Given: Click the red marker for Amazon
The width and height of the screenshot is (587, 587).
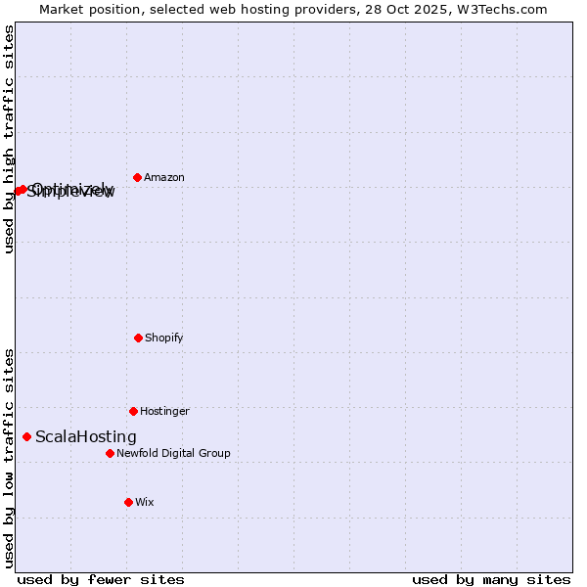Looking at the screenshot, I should coord(137,177).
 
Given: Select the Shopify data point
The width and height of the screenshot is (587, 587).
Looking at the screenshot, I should coord(138,338).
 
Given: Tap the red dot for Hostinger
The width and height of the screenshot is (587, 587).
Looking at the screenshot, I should coord(133,411).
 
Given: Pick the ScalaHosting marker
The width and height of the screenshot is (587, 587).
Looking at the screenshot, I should coord(26,436).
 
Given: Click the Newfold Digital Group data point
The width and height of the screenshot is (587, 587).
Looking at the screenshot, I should coord(110,453).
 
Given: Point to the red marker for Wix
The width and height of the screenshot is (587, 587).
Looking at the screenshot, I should coord(128,502).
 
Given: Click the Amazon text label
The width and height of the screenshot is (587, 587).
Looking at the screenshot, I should coord(163,178).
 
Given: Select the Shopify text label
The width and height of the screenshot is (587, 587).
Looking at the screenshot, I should coord(163,339).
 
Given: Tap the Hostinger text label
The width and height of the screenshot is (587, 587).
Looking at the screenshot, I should coord(164,412).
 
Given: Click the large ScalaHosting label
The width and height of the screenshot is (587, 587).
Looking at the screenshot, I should coord(86,437).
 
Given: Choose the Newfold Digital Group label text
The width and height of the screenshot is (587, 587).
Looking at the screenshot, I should coord(173,454).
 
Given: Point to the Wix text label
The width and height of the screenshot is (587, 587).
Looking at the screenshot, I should coord(145,503).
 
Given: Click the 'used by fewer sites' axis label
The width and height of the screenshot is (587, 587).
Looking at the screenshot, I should coord(101,580).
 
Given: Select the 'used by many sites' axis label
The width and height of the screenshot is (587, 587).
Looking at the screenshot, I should coord(491,580).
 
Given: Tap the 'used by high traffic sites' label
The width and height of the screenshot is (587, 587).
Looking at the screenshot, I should coord(10,140).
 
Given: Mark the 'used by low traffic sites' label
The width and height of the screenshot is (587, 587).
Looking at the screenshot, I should coord(10,458).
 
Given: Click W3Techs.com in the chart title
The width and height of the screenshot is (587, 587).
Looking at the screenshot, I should coord(505,9).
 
